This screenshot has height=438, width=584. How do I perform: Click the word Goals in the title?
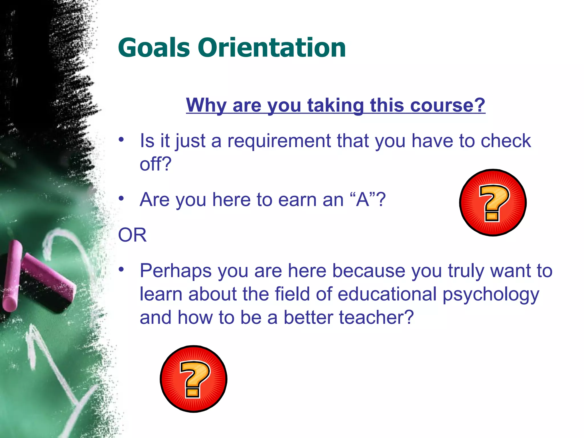point(154,48)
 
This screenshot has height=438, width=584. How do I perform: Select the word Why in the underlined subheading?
point(206,105)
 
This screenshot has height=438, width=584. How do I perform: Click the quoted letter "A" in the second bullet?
point(363,199)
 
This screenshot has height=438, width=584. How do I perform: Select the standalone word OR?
point(132,235)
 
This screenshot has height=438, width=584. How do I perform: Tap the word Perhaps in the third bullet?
point(175,271)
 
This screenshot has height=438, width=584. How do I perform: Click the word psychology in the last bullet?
point(490,295)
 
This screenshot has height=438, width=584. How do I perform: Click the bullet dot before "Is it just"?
point(122,140)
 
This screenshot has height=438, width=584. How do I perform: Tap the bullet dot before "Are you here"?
point(122,198)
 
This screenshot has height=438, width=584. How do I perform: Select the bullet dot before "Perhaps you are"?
point(122,269)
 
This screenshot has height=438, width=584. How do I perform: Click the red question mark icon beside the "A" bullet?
point(493,203)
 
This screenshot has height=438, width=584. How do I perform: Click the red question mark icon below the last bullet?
point(194,379)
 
